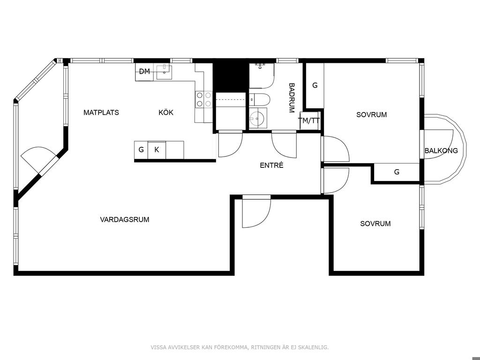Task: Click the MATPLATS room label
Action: tap(101, 112)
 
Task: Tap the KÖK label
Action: tap(166, 112)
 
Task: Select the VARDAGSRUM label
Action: tap(125, 219)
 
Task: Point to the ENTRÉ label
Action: tap(271, 165)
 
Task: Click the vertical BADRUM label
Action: tap(292, 97)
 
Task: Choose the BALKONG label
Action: tap(441, 150)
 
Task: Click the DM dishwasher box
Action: tap(144, 72)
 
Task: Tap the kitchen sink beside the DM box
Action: tap(165, 72)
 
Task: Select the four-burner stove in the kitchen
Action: tap(203, 99)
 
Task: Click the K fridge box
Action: tap(157, 150)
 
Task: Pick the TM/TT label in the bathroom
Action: tap(310, 120)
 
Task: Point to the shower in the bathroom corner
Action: tap(261, 76)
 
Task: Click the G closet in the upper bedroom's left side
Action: tap(315, 85)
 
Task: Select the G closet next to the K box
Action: tap(141, 150)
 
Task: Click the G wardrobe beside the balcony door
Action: tap(397, 172)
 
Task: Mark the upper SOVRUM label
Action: tap(372, 115)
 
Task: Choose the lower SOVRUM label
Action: tap(375, 224)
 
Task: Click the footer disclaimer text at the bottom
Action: tap(240, 347)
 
